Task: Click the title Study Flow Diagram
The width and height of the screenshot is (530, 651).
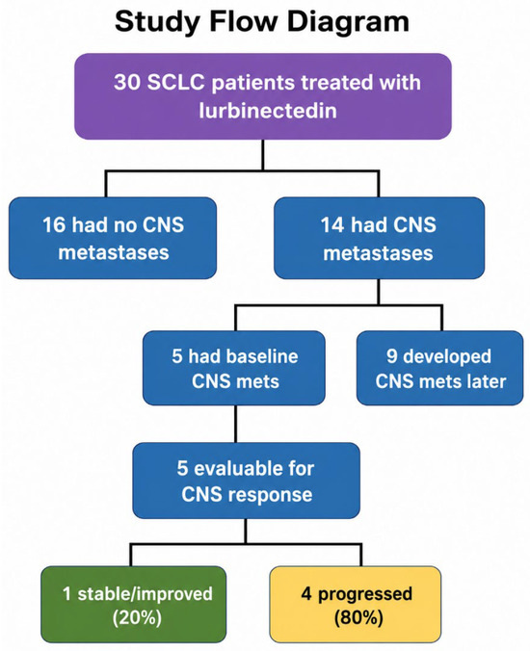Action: click(262, 21)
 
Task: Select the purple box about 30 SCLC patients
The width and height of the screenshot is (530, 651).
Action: click(263, 96)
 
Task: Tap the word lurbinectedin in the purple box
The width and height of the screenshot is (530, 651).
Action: click(268, 111)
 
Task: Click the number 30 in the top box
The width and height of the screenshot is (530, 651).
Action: click(126, 82)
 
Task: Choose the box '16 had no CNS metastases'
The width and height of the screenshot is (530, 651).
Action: click(113, 238)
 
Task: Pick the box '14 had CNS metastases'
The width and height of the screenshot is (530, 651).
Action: click(379, 238)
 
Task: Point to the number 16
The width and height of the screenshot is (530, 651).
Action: click(54, 225)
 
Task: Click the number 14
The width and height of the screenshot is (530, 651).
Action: click(332, 225)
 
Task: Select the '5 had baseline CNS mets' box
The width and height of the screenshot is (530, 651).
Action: click(234, 368)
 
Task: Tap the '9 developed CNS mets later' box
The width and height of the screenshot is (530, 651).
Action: click(439, 368)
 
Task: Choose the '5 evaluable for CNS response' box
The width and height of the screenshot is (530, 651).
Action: click(247, 481)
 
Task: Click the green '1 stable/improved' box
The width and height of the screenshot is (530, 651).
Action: click(134, 605)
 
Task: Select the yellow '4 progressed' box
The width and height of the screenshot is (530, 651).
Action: click(356, 605)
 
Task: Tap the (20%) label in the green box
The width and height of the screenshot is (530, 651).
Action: click(137, 618)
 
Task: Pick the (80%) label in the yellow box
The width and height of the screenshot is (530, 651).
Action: click(358, 618)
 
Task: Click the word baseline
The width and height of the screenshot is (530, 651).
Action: click(243, 356)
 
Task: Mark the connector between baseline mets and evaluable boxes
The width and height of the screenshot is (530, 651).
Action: click(235, 424)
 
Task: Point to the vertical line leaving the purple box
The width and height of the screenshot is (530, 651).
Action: click(263, 155)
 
